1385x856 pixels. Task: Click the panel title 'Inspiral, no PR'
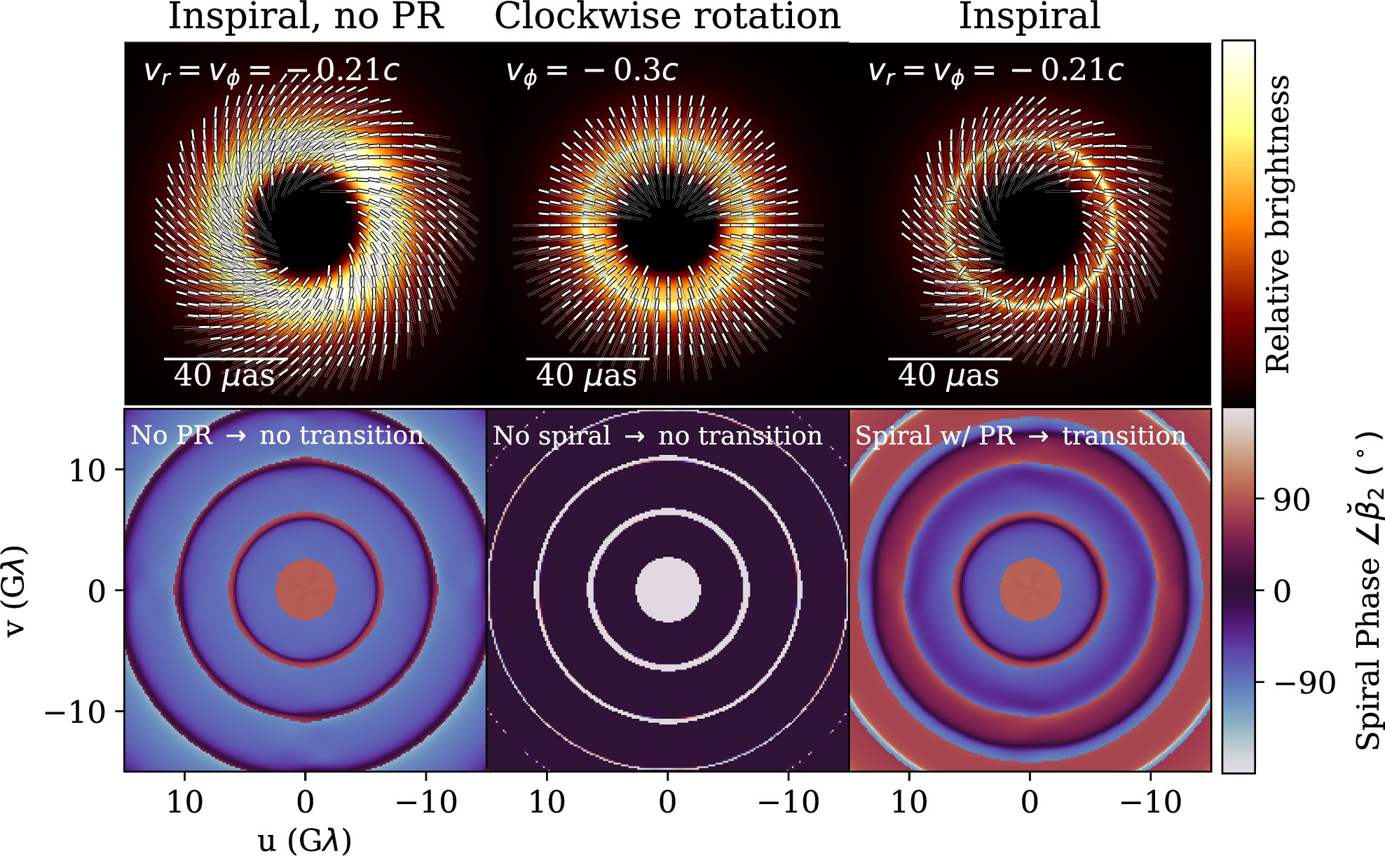click(x=306, y=16)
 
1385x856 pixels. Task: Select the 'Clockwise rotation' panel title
click(x=667, y=16)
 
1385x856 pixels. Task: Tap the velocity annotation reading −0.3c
click(x=592, y=70)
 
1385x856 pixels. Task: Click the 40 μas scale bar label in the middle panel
click(x=587, y=376)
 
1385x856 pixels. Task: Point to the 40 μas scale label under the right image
click(x=948, y=376)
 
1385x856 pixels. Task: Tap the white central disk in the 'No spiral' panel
click(x=668, y=590)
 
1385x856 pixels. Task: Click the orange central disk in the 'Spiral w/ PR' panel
click(x=1030, y=590)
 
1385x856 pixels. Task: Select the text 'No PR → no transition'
click(x=278, y=435)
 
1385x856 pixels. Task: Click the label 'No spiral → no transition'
click(x=657, y=436)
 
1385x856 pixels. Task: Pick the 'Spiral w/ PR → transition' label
click(x=1021, y=436)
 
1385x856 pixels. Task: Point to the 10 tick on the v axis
click(x=87, y=470)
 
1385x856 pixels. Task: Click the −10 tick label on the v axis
click(x=75, y=712)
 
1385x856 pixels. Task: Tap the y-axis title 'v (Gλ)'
click(x=15, y=590)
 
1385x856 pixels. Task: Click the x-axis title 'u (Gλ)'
click(x=305, y=840)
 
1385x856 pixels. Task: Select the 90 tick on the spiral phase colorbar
click(x=1292, y=500)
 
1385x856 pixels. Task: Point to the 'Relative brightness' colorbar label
click(x=1278, y=224)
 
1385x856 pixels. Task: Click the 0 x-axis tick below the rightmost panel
click(x=1030, y=802)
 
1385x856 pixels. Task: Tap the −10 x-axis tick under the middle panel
click(x=789, y=802)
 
